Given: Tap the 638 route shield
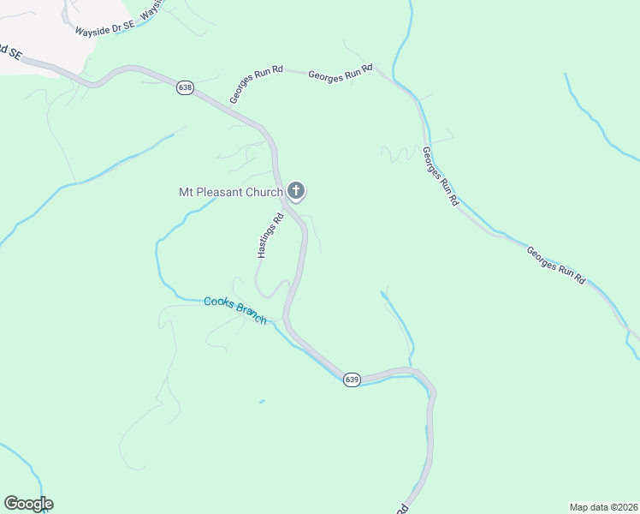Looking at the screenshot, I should click(x=185, y=88).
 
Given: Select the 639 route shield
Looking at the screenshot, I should click(x=353, y=379).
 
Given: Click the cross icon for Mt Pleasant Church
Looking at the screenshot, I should click(x=296, y=190).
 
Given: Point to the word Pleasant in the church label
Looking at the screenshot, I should click(x=220, y=193).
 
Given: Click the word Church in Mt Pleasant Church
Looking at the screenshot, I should click(x=264, y=193).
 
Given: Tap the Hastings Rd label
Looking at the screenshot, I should click(x=270, y=236).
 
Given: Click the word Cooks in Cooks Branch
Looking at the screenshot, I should click(x=219, y=303).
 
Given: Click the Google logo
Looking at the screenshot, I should click(x=28, y=504).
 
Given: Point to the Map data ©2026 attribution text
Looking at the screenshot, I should click(x=603, y=507).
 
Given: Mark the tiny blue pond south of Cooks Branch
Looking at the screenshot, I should click(x=261, y=401).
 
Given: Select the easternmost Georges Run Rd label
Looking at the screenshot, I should click(x=555, y=266).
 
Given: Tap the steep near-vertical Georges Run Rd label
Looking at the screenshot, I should click(x=440, y=176).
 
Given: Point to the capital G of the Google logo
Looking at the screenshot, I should click(x=11, y=503).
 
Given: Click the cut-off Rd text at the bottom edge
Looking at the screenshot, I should click(x=402, y=510).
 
